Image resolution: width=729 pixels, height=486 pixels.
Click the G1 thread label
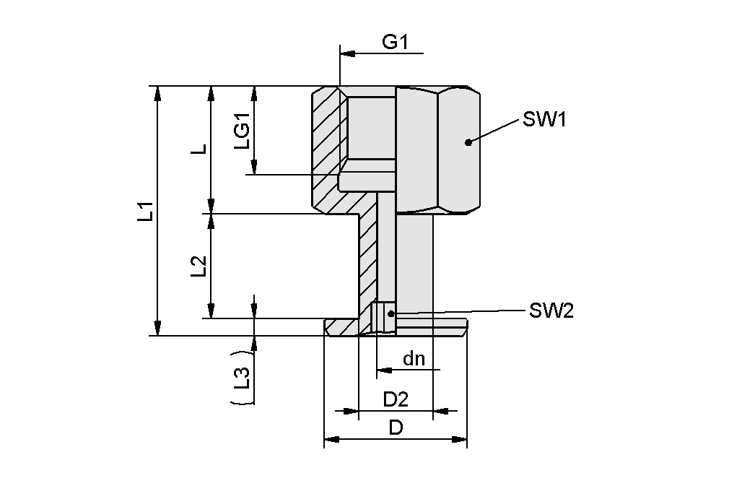(x=395, y=42)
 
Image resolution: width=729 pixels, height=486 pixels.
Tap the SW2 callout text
(x=551, y=311)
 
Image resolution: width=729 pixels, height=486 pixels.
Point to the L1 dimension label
(x=147, y=211)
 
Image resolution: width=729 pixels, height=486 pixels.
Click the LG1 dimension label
(x=243, y=131)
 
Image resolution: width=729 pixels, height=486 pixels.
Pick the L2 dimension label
(x=199, y=266)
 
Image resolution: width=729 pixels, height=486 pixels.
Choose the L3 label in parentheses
(x=243, y=378)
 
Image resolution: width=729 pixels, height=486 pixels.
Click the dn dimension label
(x=414, y=358)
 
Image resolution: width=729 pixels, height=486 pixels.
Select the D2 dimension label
(x=396, y=399)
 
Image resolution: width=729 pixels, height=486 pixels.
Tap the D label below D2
(x=396, y=428)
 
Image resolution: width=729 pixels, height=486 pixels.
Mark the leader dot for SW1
(x=468, y=142)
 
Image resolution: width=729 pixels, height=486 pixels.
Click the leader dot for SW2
(x=391, y=313)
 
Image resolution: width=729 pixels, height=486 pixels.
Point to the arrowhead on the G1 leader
(x=346, y=53)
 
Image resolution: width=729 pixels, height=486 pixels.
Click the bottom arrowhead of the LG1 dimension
(x=254, y=168)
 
